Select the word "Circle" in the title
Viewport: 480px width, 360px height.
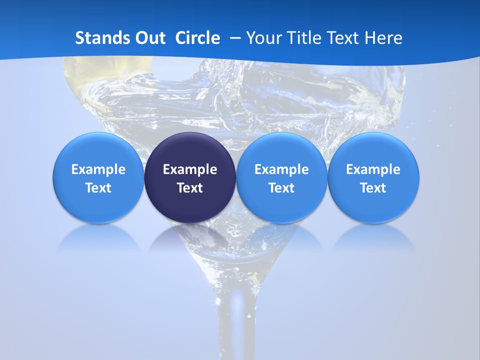[x=197, y=38]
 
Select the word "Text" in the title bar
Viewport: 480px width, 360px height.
[x=346, y=38]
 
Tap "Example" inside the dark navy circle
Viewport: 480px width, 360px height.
[x=190, y=169]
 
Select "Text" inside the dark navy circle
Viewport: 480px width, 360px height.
[x=190, y=188]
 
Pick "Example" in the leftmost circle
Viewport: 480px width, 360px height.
[x=98, y=169]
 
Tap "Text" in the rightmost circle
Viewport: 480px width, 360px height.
[x=373, y=188]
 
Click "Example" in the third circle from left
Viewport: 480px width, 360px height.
[x=281, y=169]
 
